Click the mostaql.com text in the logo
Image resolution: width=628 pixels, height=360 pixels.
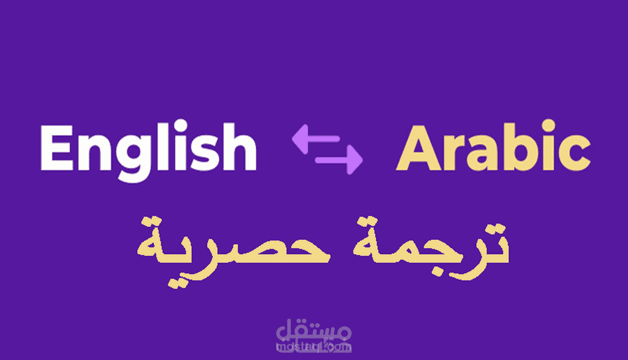point(314,346)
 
